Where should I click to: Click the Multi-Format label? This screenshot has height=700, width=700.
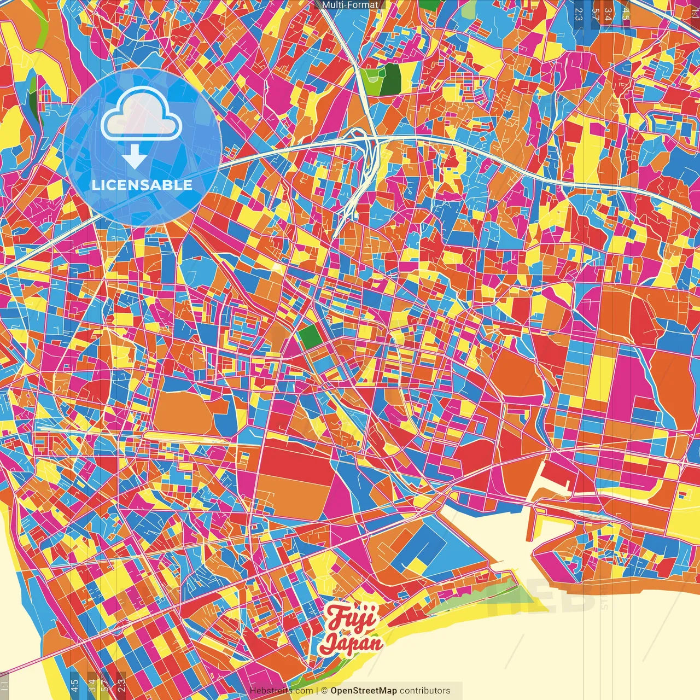click(x=350, y=5)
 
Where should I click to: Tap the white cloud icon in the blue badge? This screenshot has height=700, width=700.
click(x=141, y=114)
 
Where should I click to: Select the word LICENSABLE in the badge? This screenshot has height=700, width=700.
click(x=142, y=185)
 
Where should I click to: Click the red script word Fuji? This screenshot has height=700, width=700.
click(x=352, y=619)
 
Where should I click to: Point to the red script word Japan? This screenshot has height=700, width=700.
click(x=352, y=642)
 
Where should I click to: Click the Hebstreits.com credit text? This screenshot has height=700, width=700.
click(x=281, y=691)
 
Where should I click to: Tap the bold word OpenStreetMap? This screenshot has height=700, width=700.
click(x=364, y=691)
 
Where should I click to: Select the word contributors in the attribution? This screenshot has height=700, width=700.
click(x=425, y=691)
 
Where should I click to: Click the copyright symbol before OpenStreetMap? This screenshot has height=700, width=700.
click(x=324, y=691)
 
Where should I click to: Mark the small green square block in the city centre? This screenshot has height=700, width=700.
click(x=310, y=335)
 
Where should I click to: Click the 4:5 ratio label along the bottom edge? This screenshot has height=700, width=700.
click(x=74, y=685)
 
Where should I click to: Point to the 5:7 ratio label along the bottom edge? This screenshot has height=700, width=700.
click(x=105, y=685)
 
